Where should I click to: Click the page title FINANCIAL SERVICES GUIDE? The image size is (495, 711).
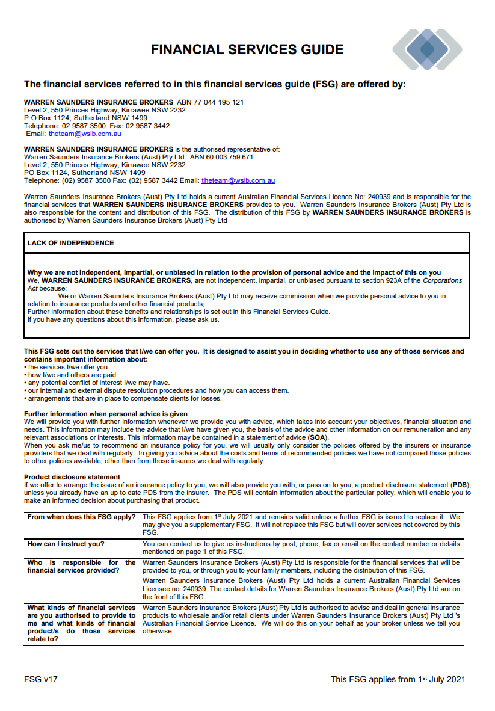(x=247, y=49)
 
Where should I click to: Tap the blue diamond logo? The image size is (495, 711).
(x=427, y=49)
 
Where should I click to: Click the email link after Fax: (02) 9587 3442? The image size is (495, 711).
(x=238, y=180)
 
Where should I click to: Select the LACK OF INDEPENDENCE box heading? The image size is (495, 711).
(x=70, y=243)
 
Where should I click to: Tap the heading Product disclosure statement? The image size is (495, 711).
(x=72, y=477)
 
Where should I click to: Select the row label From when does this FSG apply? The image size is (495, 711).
(x=81, y=517)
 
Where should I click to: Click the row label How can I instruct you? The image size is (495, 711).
(x=66, y=544)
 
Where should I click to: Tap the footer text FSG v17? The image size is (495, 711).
(x=41, y=679)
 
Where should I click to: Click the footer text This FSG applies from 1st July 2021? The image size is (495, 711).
(x=398, y=679)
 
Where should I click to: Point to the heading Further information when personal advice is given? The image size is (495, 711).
(x=105, y=414)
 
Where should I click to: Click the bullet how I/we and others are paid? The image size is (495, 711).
(x=72, y=375)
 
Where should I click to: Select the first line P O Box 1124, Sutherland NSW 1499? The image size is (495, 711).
(x=85, y=118)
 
